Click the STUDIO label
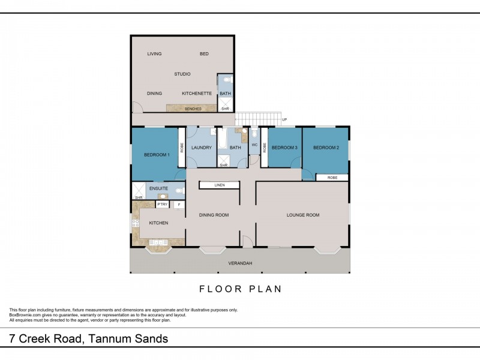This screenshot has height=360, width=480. coord(182,74)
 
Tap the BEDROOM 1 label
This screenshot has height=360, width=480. coord(157,155)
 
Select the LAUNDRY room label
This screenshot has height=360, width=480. coord(202,148)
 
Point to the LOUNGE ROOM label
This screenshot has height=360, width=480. coord(303,215)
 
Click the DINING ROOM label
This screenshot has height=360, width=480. coord(214,215)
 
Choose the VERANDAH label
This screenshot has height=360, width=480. coord(241,263)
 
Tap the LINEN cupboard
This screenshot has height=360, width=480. coord(219,185)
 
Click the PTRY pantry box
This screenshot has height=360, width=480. coord(163,204)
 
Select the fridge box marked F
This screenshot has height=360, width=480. coord(179,205)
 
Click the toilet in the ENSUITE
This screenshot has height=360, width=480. coord(179,191)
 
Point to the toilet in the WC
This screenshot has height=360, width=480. coord(254,133)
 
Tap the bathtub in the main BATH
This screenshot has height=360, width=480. coord(222,139)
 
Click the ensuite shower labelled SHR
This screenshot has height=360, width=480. coord(139,191)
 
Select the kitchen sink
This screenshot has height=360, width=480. coord(158,243)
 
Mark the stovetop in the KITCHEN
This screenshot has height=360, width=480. coord(136,223)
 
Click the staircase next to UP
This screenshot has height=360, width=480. coord(258,119)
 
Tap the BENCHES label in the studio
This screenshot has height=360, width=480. coord(193,109)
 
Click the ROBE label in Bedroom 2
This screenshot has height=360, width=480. coord(332,178)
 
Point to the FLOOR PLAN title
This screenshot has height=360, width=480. coord(241,289)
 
